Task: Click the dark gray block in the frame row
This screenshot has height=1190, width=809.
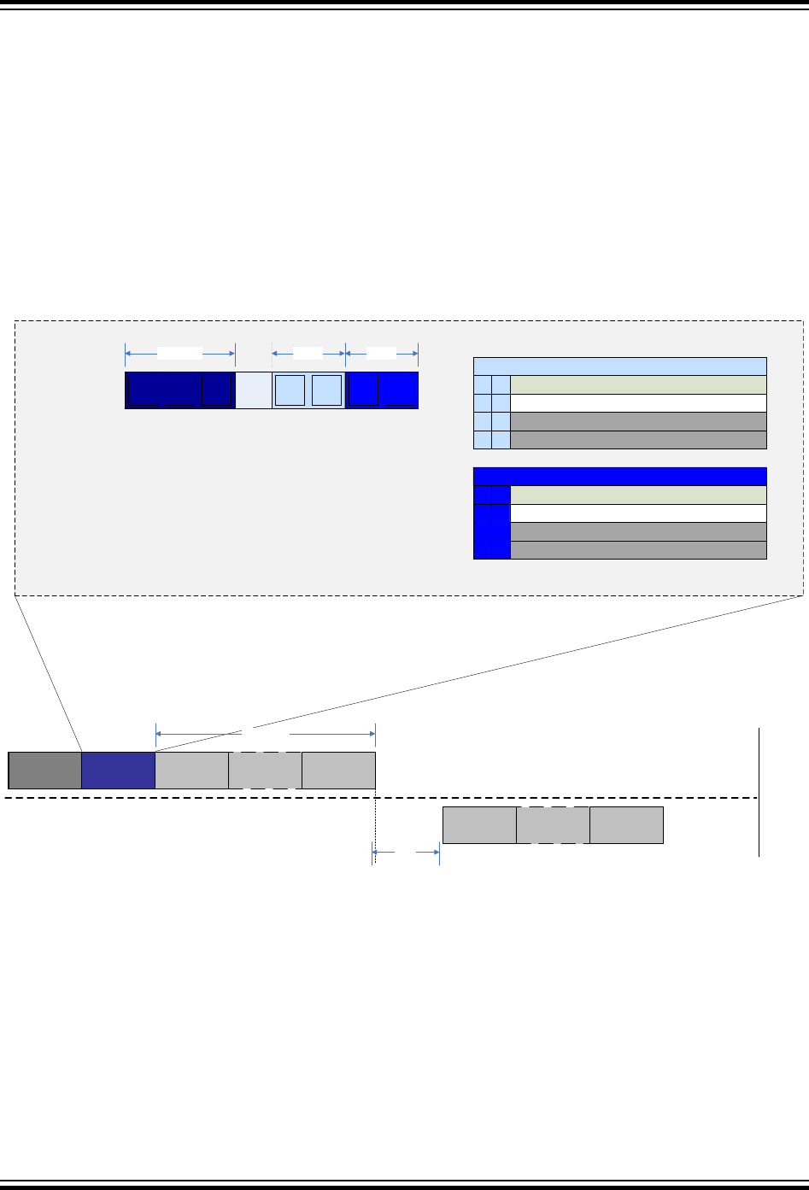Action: pyautogui.click(x=45, y=770)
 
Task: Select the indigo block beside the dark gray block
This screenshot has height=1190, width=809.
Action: pyautogui.click(x=118, y=770)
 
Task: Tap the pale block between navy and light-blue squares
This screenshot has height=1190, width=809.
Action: pyautogui.click(x=253, y=390)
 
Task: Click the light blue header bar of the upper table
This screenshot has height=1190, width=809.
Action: pyautogui.click(x=619, y=366)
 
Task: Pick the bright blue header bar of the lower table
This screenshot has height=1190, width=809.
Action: pyautogui.click(x=619, y=476)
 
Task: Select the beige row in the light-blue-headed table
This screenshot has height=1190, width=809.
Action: pyautogui.click(x=637, y=384)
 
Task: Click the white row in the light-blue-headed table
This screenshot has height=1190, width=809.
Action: pyautogui.click(x=637, y=403)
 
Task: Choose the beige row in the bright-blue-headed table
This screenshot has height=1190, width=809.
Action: pyautogui.click(x=637, y=495)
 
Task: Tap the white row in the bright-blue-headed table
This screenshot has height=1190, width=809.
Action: pyautogui.click(x=637, y=513)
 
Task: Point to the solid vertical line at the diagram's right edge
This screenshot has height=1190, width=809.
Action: pyautogui.click(x=759, y=791)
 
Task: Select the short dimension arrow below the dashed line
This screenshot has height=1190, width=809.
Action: pyautogui.click(x=406, y=852)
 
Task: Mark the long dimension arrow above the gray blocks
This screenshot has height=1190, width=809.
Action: pyautogui.click(x=266, y=733)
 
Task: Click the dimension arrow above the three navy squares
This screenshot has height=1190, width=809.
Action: pyautogui.click(x=179, y=352)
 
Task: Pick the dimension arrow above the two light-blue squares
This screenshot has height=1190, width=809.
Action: pyautogui.click(x=308, y=352)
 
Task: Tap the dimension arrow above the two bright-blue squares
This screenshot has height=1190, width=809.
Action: pyautogui.click(x=382, y=352)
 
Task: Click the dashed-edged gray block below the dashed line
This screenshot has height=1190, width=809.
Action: pyautogui.click(x=553, y=824)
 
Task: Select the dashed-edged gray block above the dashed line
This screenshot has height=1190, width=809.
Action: pyautogui.click(x=265, y=770)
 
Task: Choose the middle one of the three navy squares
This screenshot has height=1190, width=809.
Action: pyautogui.click(x=179, y=390)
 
